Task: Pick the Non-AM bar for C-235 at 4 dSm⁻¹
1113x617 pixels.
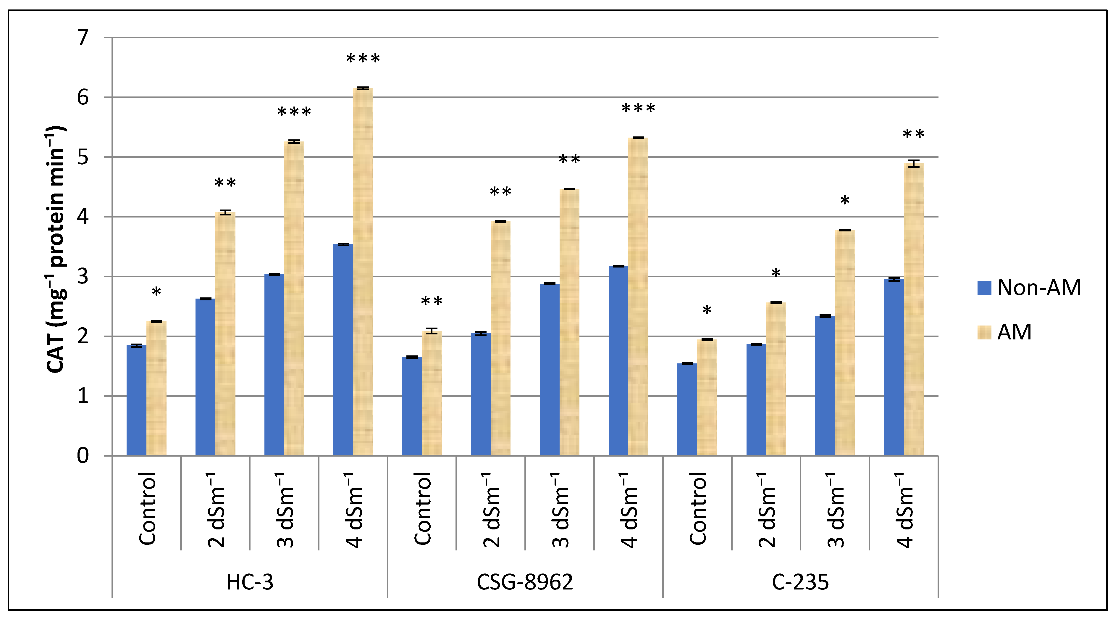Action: pos(894,368)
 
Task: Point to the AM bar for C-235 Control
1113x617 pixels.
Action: pos(707,397)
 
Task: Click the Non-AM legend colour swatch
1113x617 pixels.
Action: pos(984,288)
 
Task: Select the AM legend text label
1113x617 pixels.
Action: pos(1014,332)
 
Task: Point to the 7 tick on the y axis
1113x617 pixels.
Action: pos(83,38)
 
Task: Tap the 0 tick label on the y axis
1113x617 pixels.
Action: pos(83,456)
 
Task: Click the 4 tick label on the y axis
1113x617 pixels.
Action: pos(83,217)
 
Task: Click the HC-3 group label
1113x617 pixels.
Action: pos(250,582)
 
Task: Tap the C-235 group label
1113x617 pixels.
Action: pos(800,582)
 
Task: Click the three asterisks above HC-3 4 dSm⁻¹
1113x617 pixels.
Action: pos(363,59)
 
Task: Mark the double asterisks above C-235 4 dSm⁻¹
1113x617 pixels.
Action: pos(913,134)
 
